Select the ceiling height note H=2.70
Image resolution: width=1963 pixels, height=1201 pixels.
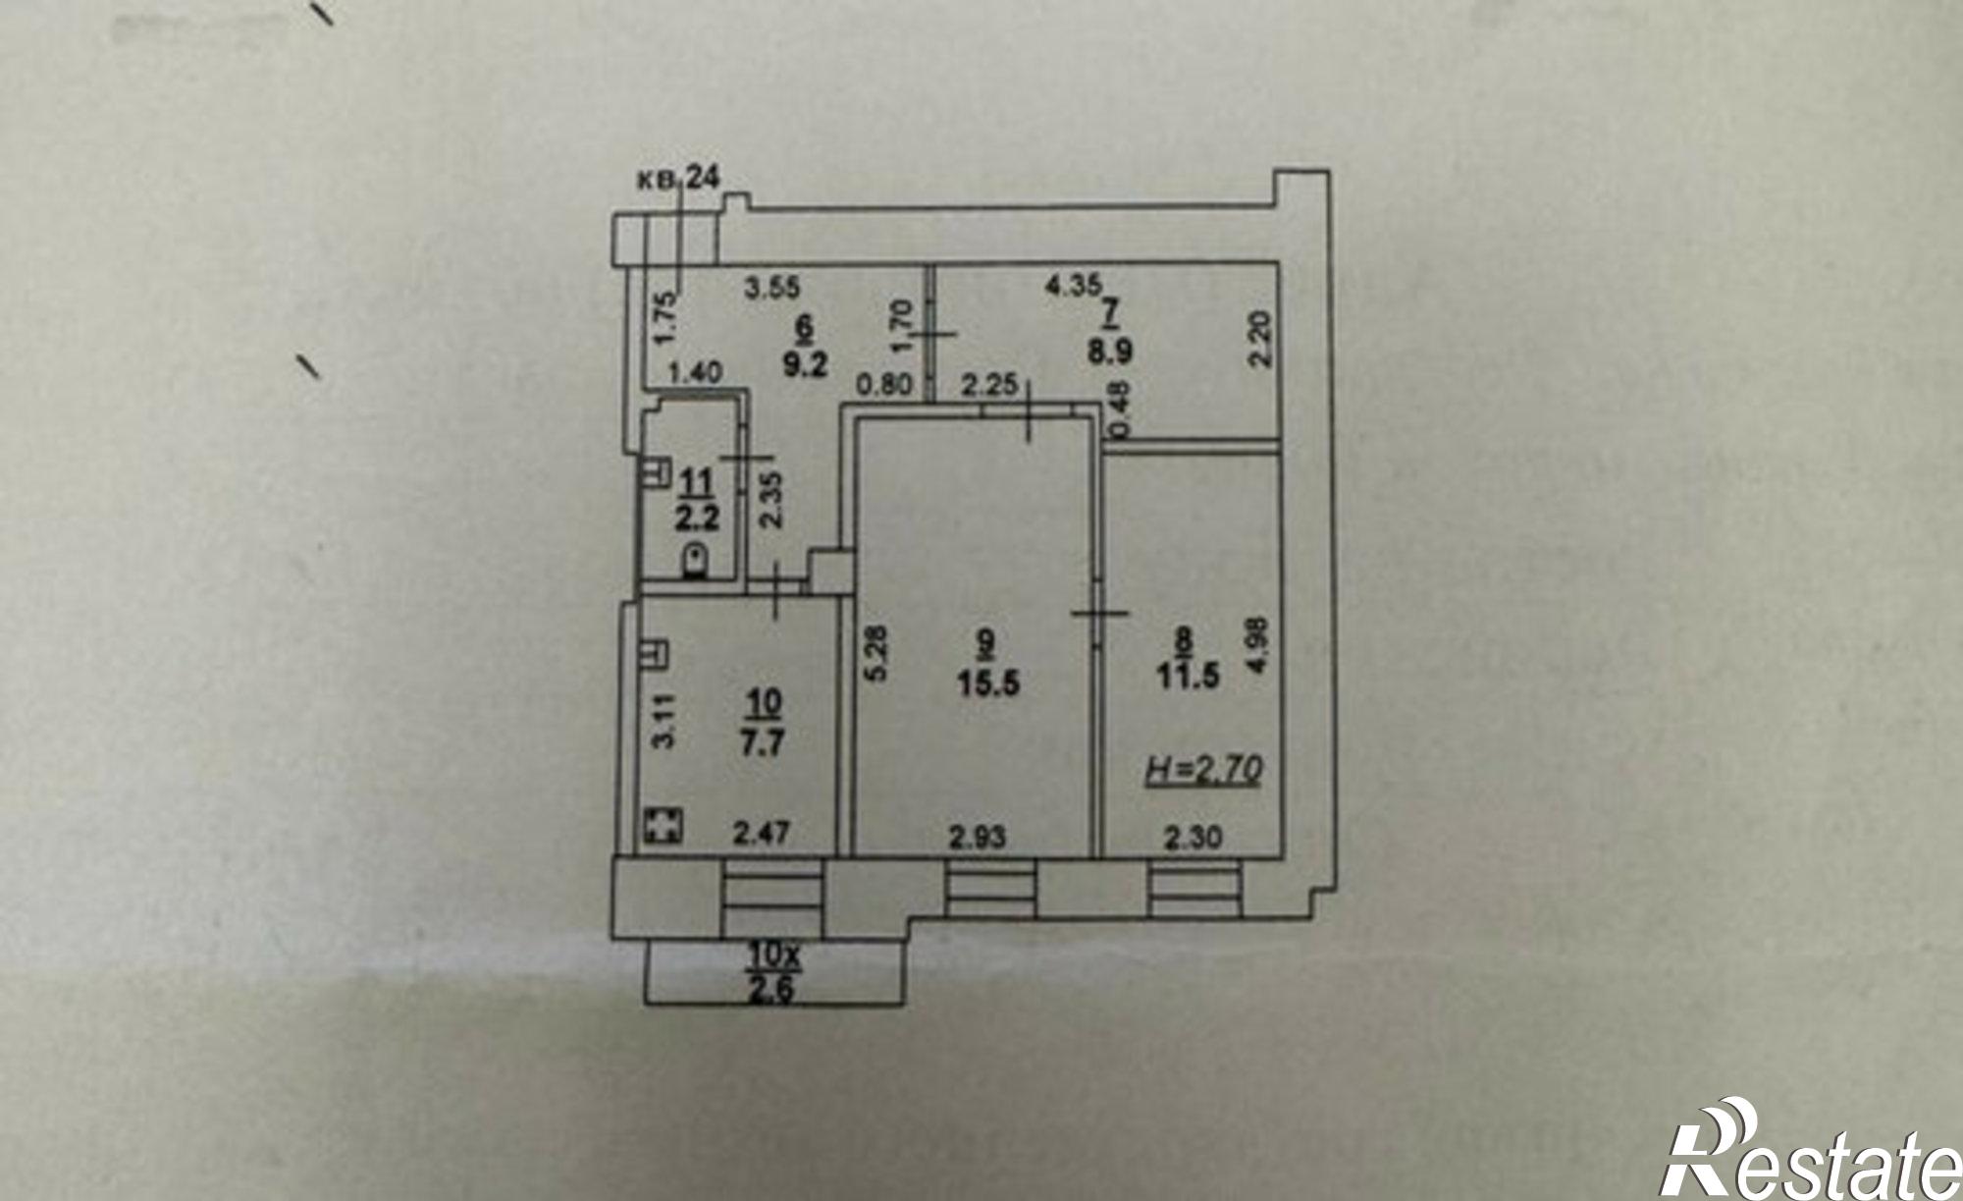(x=1204, y=771)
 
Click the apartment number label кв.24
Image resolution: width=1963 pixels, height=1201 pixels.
(x=679, y=178)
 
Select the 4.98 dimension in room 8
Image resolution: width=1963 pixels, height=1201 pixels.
(x=1261, y=643)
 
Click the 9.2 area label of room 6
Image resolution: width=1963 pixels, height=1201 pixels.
(x=806, y=364)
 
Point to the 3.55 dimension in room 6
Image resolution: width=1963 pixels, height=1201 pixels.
(x=772, y=288)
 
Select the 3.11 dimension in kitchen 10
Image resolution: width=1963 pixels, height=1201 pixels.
(x=664, y=721)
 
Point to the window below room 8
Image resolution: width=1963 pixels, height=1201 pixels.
(x=1192, y=890)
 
